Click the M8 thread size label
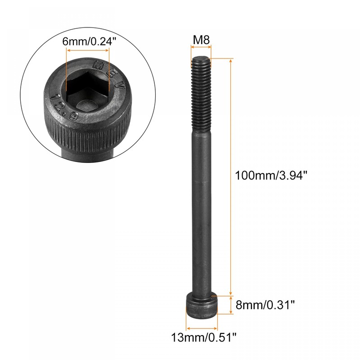tap(201, 40)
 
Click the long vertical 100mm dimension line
tap(231, 175)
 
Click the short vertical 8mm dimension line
tap(231, 305)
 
